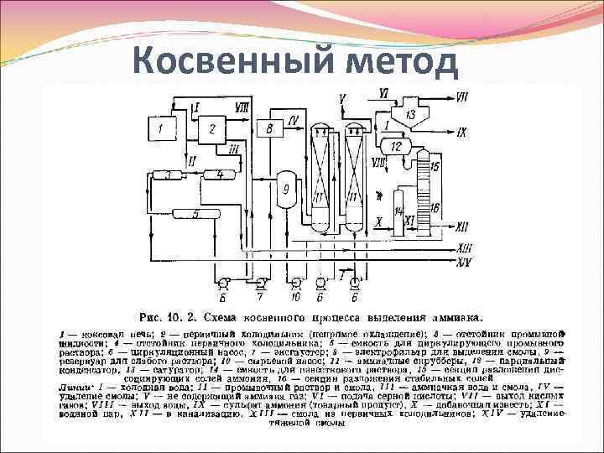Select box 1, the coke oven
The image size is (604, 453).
[164, 129]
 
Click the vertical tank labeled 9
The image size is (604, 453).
[285, 190]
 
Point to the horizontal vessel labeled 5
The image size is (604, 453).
[195, 215]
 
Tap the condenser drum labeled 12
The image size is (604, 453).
[396, 147]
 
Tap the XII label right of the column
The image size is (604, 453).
[463, 226]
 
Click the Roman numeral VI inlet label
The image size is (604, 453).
[383, 91]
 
